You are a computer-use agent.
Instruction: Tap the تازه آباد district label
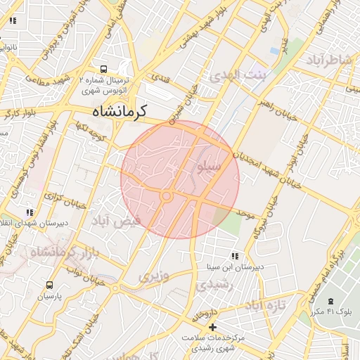264,306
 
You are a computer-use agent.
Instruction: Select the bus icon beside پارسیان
49,285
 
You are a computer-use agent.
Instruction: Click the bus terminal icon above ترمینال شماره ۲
104,70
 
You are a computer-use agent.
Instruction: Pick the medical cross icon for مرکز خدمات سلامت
212,327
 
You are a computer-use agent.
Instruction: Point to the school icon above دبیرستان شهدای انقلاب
30,212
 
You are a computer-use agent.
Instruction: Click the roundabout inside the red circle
167,196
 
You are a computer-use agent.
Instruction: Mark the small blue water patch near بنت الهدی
274,51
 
